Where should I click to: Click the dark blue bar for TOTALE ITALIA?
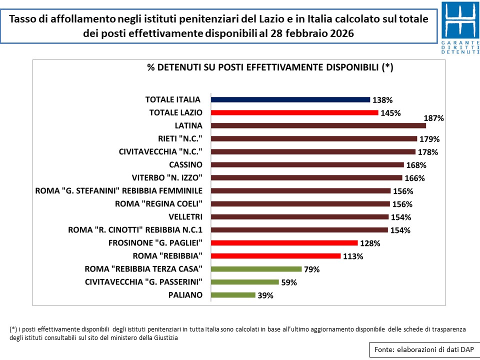coord(290,99)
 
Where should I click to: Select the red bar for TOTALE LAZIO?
coord(294,112)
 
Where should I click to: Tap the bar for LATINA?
coord(318,125)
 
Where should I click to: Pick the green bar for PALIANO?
coord(233,295)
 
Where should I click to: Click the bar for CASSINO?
coord(307,164)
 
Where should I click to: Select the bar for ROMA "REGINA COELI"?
coord(300,204)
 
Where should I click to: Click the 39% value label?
coord(265,295)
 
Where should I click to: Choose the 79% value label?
coord(311,269)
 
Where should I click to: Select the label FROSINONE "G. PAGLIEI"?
coord(155,243)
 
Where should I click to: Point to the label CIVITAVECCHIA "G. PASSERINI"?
coord(143,282)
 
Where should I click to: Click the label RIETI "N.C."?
coord(178,138)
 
